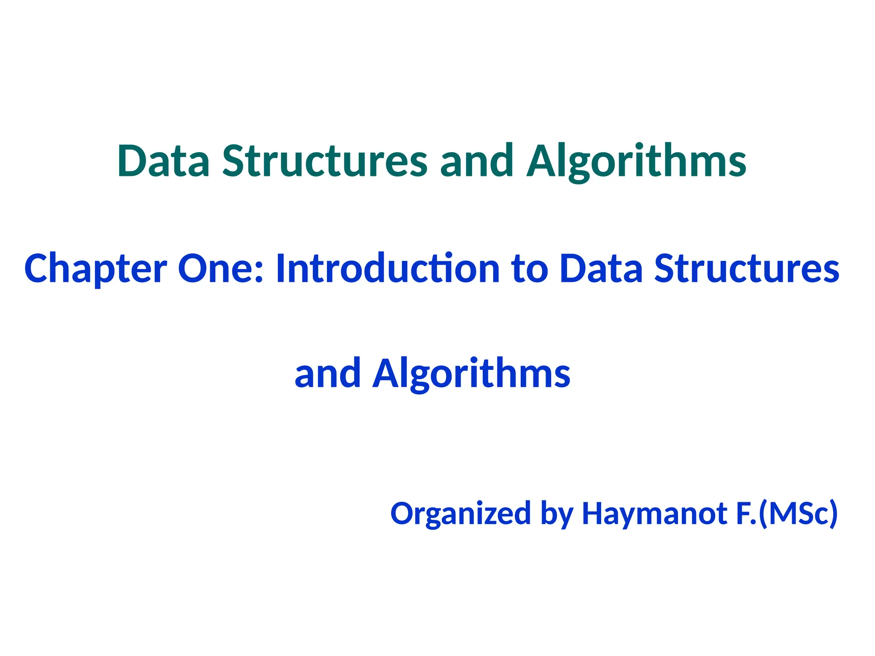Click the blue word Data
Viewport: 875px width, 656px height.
tap(601, 268)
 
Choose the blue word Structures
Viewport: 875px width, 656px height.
tap(747, 268)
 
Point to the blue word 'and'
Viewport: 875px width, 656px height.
tap(328, 374)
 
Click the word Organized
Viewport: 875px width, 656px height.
tap(461, 514)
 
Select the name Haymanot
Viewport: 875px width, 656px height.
tap(655, 514)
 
